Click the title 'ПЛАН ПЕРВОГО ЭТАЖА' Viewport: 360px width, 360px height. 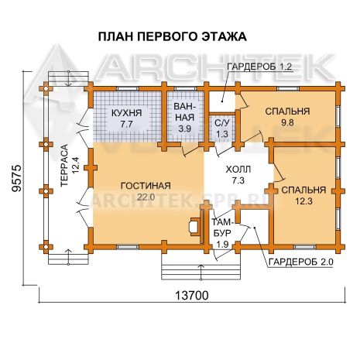(172, 36)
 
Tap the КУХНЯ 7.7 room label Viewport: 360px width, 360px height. (126, 118)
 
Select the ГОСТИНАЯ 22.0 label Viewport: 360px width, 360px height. (146, 191)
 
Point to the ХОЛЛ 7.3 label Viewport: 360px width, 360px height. (238, 175)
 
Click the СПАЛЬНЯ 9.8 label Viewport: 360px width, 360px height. (287, 117)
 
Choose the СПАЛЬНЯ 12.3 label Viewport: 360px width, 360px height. (303, 195)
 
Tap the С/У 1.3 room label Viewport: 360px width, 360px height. (222, 129)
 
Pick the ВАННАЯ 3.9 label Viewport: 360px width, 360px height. (184, 118)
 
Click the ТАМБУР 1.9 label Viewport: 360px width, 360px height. (222, 233)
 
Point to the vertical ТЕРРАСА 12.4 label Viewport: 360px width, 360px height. (69, 165)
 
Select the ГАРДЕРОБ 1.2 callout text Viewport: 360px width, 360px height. (259, 67)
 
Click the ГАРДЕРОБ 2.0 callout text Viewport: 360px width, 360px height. (301, 262)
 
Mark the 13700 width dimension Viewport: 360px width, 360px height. (191, 295)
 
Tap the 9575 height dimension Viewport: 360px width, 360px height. (17, 178)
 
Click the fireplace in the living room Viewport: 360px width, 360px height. (194, 227)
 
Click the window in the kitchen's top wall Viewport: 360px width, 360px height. (128, 89)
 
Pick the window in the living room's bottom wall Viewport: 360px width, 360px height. (127, 247)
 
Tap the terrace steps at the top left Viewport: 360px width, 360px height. (68, 78)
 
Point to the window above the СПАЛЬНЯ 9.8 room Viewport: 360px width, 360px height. (288, 89)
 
